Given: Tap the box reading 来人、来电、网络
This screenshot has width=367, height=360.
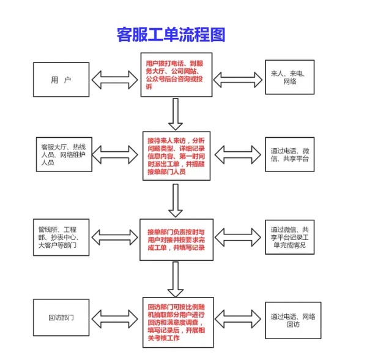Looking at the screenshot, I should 291,78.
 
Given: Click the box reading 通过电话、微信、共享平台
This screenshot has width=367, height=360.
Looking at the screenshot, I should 291,154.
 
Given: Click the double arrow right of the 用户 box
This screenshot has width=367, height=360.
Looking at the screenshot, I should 114,78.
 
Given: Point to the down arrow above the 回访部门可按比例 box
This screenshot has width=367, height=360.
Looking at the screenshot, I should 176,277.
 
